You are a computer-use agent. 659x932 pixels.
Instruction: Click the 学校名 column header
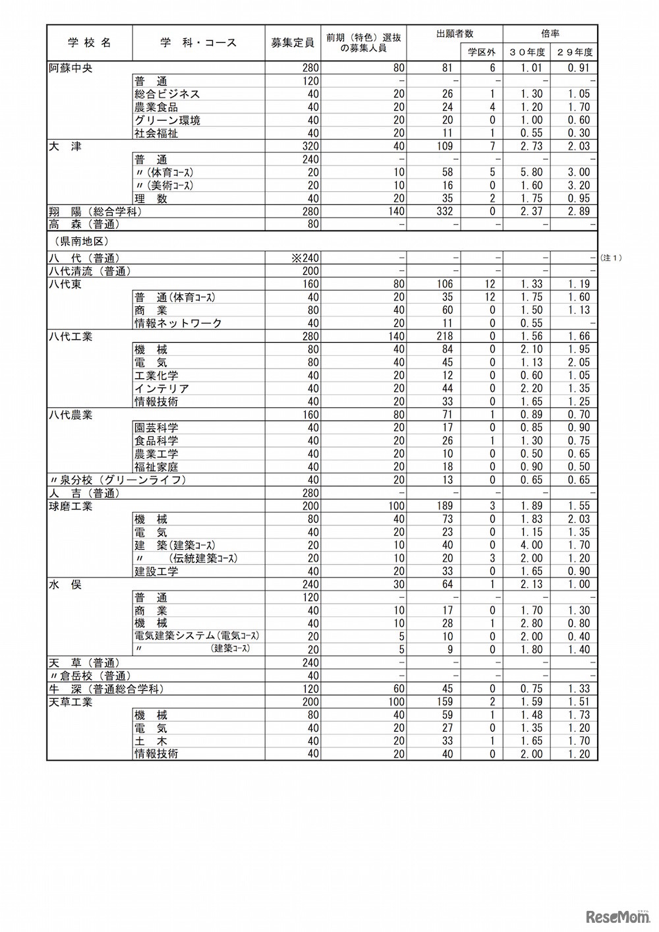tap(90, 43)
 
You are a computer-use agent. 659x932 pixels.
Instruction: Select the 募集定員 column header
tap(293, 43)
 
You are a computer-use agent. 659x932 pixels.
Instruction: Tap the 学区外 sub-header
tap(481, 52)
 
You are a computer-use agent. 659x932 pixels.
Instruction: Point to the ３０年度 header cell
tap(527, 52)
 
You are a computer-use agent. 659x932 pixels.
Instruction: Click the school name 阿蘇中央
tap(71, 68)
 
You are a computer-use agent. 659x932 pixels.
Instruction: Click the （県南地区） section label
tap(78, 242)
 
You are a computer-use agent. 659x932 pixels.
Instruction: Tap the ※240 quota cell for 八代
tap(305, 258)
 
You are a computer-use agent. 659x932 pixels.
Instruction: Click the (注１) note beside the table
tap(611, 258)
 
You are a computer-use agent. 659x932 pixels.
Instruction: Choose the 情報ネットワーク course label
tap(178, 323)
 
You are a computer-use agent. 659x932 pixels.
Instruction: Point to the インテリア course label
tap(161, 388)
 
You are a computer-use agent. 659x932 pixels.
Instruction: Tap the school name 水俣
tap(65, 585)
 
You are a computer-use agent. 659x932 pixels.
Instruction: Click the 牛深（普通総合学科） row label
tap(106, 689)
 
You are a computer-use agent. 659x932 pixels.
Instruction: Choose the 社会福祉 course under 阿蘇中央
tap(156, 133)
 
